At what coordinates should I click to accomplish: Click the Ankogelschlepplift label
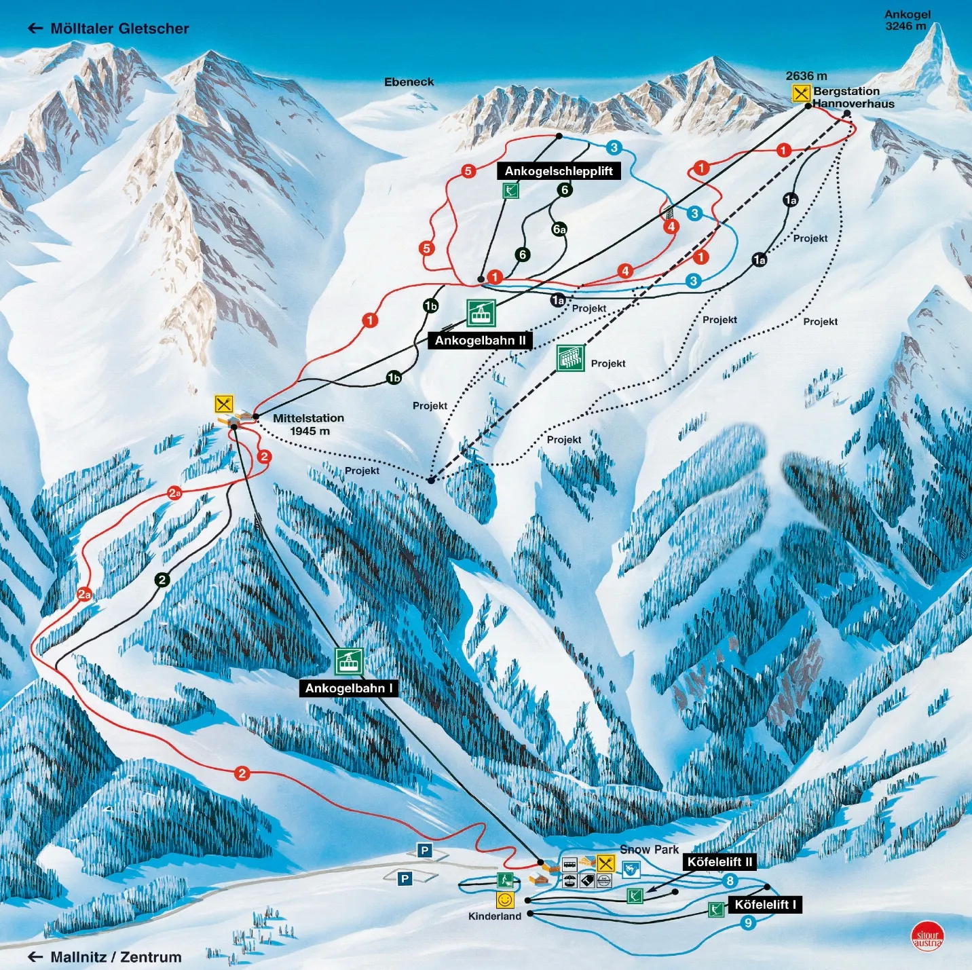point(559,171)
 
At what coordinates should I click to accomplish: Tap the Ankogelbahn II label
point(480,340)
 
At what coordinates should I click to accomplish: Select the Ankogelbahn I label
point(349,688)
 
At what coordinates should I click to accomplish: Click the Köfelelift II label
point(719,862)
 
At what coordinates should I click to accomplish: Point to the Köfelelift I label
point(765,904)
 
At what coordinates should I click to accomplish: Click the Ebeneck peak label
point(409,82)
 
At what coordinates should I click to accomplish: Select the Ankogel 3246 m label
point(907,20)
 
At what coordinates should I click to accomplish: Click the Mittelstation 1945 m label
point(308,424)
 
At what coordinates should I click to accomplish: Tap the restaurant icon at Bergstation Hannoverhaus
point(801,93)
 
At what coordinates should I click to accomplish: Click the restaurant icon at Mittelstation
point(224,404)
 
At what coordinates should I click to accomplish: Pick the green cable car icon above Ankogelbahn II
point(481,313)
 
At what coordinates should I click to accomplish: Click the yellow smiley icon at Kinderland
point(505,900)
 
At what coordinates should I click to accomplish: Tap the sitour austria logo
point(927,936)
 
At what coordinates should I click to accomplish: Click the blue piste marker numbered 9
point(748,922)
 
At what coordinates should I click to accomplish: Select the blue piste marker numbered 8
point(730,881)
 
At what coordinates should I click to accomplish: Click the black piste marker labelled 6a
point(559,229)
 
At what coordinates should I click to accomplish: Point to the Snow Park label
point(649,849)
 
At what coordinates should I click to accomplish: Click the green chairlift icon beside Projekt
point(571,358)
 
